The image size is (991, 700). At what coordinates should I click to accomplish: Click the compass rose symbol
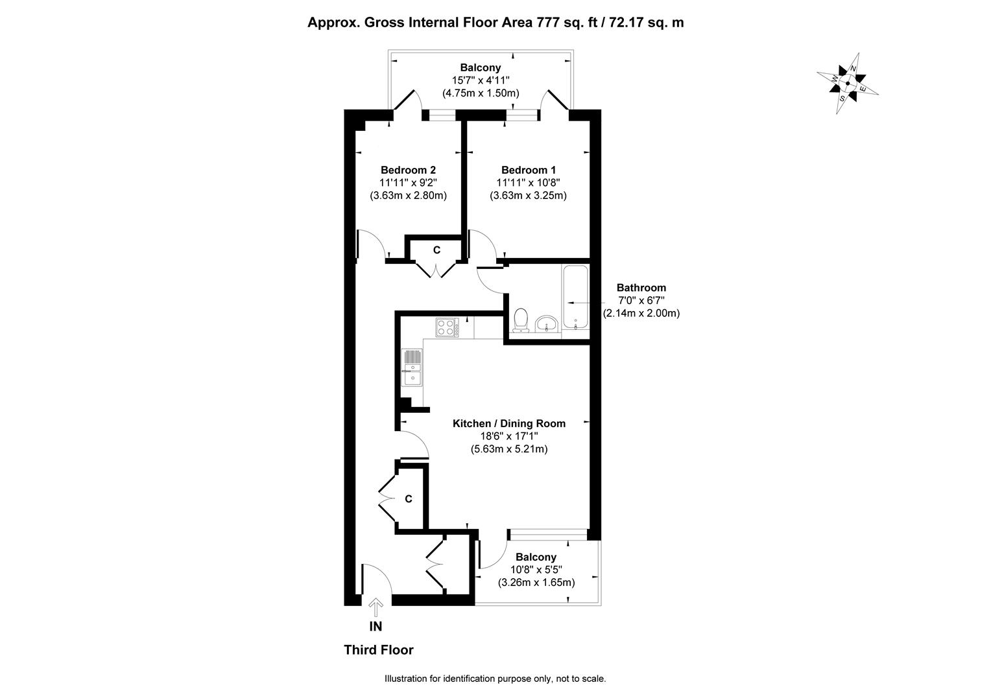pos(847,83)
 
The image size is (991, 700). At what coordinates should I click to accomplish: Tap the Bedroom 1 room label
pos(528,170)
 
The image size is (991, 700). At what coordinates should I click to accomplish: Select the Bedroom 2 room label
pos(408,170)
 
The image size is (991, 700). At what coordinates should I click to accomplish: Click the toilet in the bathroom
pos(521,320)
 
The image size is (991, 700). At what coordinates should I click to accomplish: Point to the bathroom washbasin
pos(547,323)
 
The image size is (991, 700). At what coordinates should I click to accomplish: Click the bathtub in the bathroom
pos(575,297)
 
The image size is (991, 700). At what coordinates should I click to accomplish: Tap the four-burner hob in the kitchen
pos(447,328)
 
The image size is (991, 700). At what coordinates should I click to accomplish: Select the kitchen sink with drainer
pos(412,367)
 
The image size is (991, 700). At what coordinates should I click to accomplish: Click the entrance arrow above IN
pos(376,607)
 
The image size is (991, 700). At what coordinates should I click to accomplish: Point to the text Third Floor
pos(379,650)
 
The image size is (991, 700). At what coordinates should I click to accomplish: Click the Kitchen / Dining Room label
pos(508,423)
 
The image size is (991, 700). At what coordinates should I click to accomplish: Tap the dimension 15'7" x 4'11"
pos(481,80)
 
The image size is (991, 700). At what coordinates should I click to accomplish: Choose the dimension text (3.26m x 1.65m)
pos(536,583)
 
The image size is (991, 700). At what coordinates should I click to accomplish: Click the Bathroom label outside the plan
pos(641,288)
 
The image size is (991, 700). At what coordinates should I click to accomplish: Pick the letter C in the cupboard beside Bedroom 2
pos(436,250)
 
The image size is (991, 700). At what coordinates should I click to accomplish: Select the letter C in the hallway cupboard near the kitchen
pos(409,499)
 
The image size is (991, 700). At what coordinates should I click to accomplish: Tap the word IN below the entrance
pos(376,626)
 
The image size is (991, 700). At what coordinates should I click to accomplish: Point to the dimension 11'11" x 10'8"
pos(528,183)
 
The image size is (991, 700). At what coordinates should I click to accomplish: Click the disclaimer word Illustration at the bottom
pos(406,679)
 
